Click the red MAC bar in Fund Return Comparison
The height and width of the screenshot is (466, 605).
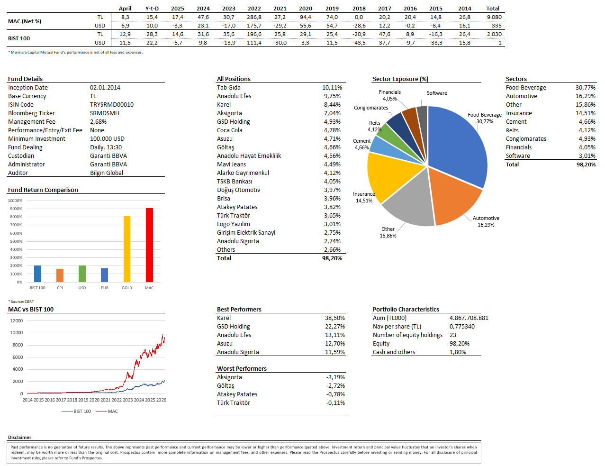click(149, 245)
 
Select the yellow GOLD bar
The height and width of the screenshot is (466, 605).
click(126, 249)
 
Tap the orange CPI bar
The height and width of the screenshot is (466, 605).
click(60, 275)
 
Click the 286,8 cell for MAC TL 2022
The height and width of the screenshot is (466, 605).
click(254, 17)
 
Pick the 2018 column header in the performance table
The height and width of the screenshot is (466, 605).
click(359, 9)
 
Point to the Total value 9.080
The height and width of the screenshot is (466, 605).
click(494, 17)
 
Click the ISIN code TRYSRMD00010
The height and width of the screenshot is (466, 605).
click(112, 104)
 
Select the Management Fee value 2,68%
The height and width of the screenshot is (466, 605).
click(98, 121)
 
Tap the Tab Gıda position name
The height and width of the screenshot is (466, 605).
click(228, 87)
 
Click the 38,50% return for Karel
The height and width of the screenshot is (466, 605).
click(334, 318)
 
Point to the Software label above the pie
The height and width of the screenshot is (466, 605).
click(437, 93)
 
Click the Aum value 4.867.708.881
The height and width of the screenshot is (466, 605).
click(469, 318)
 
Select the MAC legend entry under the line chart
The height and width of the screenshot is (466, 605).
click(107, 411)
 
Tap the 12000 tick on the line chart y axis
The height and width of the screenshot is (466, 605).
click(17, 320)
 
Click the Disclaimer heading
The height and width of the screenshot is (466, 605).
click(19, 437)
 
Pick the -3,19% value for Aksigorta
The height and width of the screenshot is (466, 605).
click(335, 377)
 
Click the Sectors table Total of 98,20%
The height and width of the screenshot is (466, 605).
click(586, 164)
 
